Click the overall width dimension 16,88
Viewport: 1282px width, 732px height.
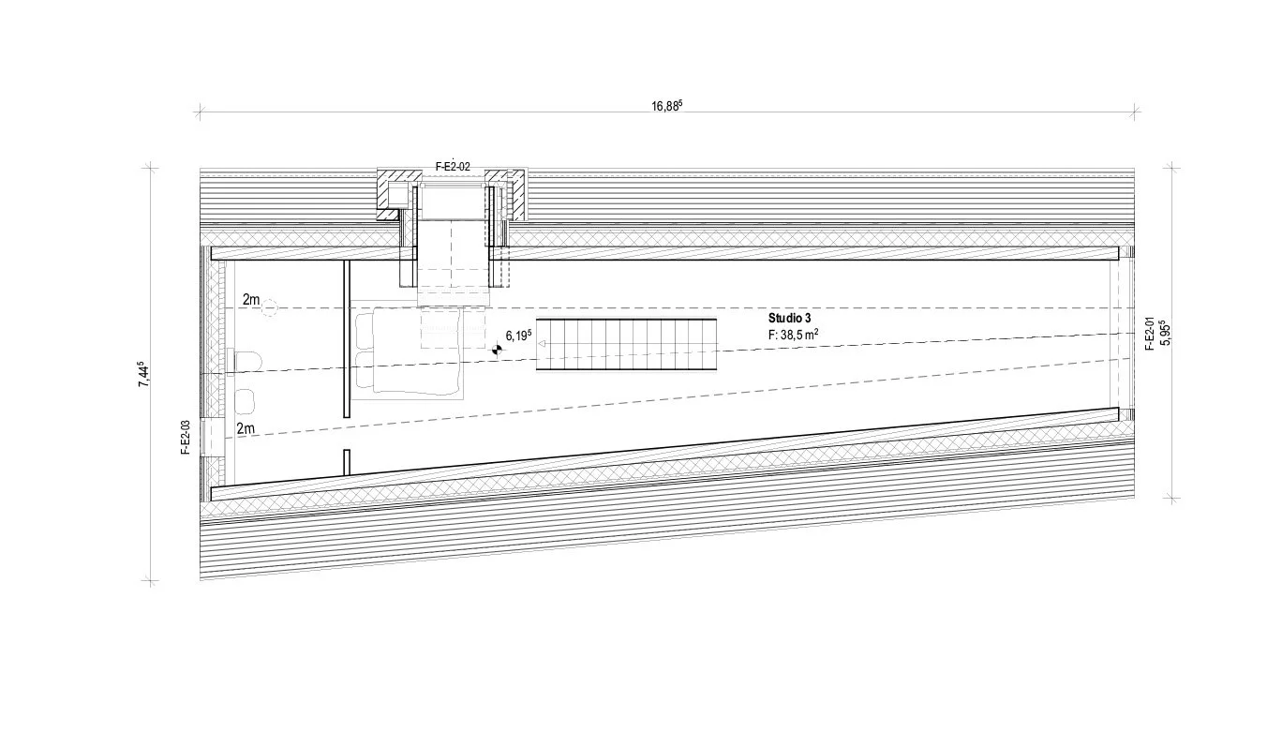coord(667,105)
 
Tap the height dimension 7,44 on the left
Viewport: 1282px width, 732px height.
coord(143,374)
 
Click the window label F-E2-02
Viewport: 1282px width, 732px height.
coord(453,167)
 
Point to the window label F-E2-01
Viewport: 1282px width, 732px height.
coord(1149,334)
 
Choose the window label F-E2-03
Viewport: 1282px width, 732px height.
coord(186,438)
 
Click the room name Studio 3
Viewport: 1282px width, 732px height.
coord(789,319)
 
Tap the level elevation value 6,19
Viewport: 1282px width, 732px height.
coord(518,335)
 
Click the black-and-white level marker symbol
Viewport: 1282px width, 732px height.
coord(497,349)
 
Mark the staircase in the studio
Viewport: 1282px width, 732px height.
coord(627,344)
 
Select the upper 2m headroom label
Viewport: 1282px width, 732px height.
coord(251,300)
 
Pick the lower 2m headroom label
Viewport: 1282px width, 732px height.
coord(246,429)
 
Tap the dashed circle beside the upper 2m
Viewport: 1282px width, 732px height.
coord(271,306)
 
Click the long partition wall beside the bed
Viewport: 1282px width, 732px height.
coord(347,338)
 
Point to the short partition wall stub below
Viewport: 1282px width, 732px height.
coord(347,462)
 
